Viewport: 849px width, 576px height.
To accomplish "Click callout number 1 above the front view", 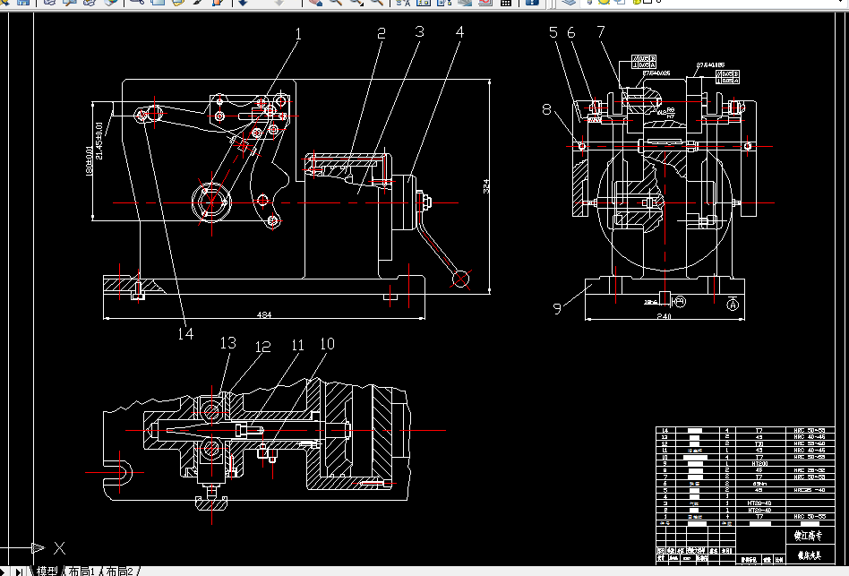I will point(298,35).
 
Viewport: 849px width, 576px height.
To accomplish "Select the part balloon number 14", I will point(185,333).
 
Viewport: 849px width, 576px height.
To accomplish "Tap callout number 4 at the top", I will point(459,33).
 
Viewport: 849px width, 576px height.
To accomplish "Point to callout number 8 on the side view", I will point(546,110).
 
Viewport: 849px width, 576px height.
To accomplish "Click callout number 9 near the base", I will point(557,308).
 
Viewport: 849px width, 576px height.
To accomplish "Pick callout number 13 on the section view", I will point(228,343).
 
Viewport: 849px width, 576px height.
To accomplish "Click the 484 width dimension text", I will point(265,314).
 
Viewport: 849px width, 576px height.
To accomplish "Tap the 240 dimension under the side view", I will point(663,315).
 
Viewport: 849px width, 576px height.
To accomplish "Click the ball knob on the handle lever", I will point(462,279).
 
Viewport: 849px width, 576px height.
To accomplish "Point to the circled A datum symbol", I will point(733,305).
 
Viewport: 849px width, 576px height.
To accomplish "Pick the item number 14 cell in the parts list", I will point(665,431).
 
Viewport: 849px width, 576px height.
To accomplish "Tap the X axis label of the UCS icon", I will point(59,546).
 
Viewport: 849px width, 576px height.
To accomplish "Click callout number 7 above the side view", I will point(601,33).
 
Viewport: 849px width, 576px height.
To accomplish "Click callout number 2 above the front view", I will point(381,34).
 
